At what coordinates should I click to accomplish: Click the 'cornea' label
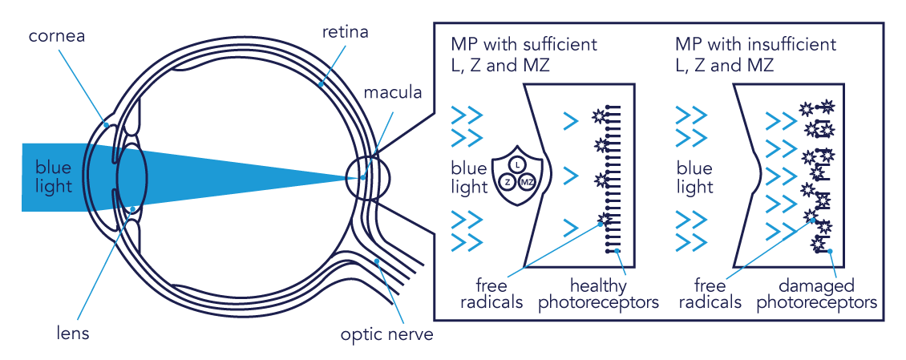55,36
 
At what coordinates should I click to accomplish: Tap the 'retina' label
345,33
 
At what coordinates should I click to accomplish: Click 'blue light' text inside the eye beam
54,176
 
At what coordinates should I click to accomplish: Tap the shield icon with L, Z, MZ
517,176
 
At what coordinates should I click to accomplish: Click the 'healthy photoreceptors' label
597,293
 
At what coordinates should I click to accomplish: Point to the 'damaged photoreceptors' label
816,293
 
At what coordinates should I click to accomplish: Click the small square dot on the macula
362,177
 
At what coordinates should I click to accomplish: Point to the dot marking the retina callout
321,82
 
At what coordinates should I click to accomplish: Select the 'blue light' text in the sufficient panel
469,178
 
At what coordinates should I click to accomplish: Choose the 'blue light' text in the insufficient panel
694,178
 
